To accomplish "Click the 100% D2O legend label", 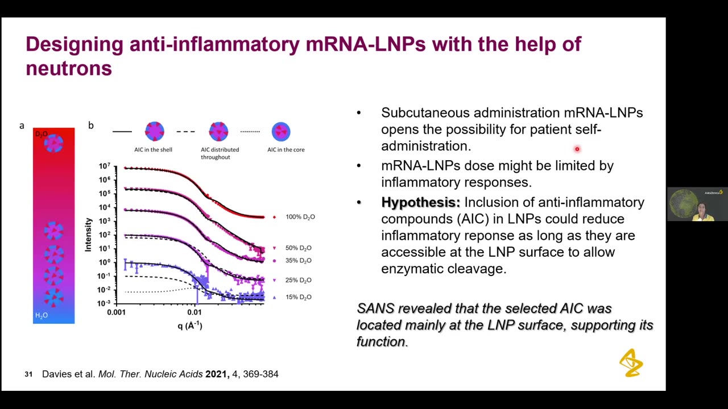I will (300, 217).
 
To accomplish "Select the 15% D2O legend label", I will (298, 297).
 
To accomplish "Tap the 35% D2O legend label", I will (298, 261).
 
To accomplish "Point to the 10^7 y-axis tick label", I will (104, 166).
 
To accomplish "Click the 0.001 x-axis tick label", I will (116, 312).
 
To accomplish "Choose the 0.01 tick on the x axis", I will (195, 312).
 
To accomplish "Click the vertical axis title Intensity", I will (89, 234).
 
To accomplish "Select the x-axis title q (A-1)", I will (189, 325).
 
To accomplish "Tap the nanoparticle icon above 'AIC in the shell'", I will (154, 131).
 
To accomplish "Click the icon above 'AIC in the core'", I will (281, 131).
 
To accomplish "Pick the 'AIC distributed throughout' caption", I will (220, 153).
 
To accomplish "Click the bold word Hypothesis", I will (420, 202).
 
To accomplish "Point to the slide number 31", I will (28, 374).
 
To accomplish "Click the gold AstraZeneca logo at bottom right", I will (631, 362).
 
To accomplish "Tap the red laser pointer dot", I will (577, 149).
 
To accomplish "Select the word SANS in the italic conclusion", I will (375, 308).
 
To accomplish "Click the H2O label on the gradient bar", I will (42, 315).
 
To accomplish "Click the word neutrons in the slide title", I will (69, 68).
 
